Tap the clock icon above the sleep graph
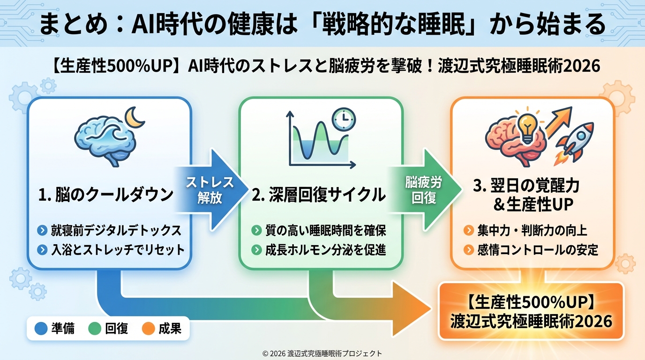click(344, 120)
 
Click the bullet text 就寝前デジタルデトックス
click(116, 231)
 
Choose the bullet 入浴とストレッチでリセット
click(118, 249)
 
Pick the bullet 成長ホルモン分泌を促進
click(324, 249)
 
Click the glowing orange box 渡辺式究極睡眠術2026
click(531, 311)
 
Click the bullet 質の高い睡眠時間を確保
click(324, 231)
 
